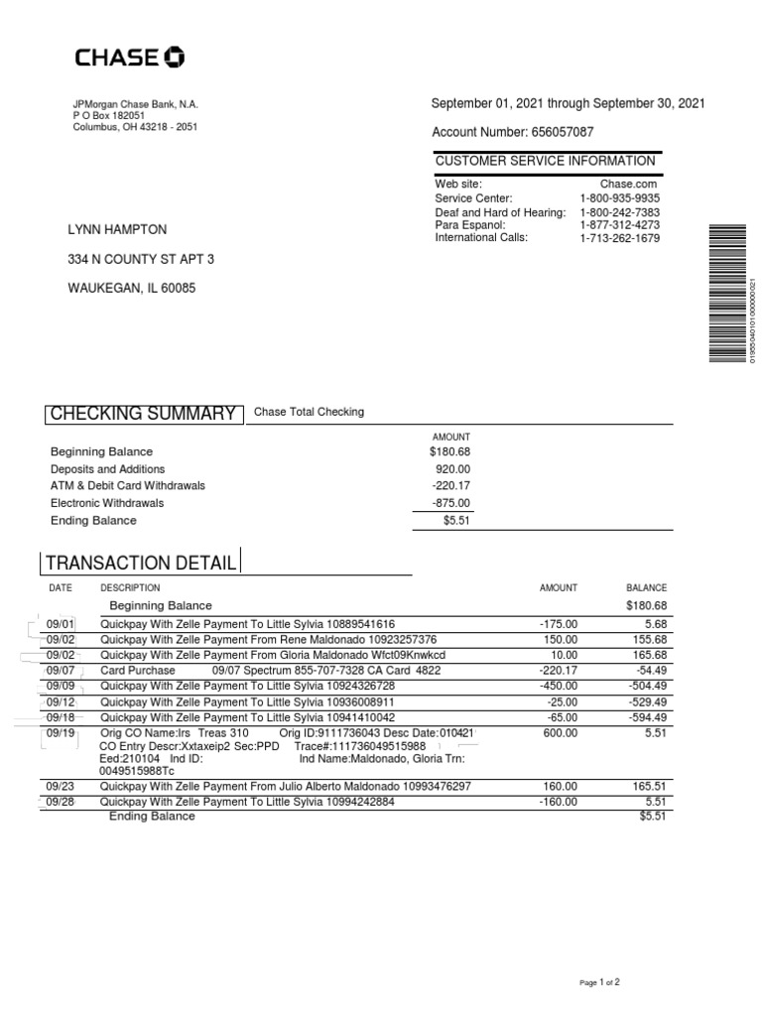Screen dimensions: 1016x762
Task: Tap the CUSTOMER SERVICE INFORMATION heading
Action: click(545, 161)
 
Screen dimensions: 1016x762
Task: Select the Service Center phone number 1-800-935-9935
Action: click(619, 198)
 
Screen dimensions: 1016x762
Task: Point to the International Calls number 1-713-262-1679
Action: click(619, 238)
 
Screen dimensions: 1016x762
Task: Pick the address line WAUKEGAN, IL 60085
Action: click(132, 289)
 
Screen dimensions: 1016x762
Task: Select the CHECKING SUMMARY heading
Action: click(143, 414)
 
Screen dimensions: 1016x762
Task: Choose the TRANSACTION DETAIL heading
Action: click(141, 564)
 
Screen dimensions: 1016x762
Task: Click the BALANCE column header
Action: click(647, 587)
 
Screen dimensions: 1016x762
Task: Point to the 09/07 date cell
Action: click(61, 671)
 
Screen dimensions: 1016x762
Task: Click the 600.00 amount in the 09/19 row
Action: click(561, 733)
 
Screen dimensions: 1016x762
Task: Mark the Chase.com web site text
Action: click(628, 185)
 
